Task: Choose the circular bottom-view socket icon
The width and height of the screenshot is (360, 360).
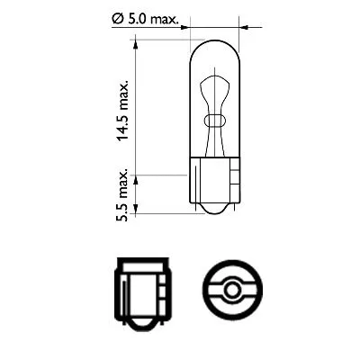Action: click(233, 293)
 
